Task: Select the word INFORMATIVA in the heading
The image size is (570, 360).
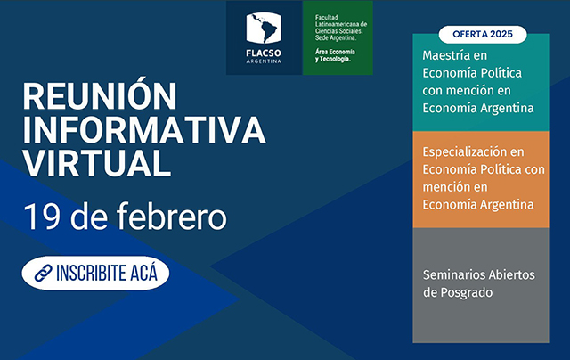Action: pos(144,130)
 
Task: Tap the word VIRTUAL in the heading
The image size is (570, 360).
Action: pos(97,163)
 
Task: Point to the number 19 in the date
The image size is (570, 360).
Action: pos(42,217)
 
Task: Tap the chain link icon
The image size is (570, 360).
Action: pos(44,273)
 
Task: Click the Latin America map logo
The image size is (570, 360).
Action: pos(264,28)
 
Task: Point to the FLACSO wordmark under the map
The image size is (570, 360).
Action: pos(264,53)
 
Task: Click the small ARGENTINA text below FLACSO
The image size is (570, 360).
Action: pos(264,61)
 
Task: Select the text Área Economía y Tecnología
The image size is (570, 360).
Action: pos(335,55)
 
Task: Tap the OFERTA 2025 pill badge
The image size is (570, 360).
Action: pos(483,34)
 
